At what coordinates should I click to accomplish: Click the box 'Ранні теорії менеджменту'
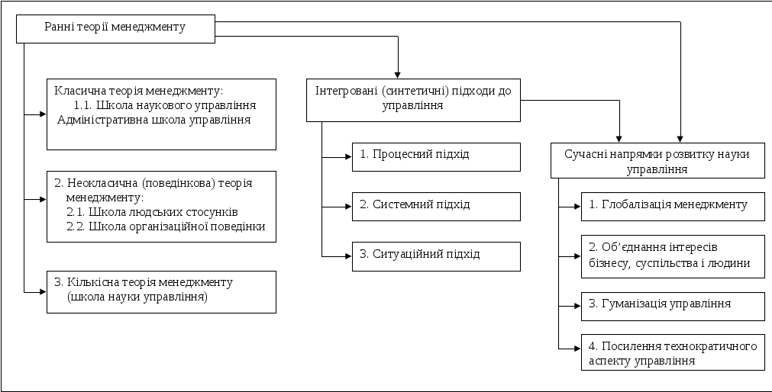click(117, 28)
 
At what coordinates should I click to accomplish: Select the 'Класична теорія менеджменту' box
click(162, 114)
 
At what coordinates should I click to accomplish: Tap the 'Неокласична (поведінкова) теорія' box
click(162, 207)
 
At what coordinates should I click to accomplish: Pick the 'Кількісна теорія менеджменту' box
click(162, 291)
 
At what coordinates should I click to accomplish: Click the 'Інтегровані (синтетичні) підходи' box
click(414, 100)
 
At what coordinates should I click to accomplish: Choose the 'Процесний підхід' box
click(437, 156)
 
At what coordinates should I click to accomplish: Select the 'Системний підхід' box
click(437, 207)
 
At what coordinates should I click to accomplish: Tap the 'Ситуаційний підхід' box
click(437, 256)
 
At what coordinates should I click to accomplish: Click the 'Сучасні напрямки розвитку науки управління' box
click(658, 160)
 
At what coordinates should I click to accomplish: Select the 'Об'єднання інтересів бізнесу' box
click(673, 256)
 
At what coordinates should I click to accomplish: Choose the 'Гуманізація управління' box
click(673, 305)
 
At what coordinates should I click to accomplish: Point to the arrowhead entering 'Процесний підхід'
click(347, 158)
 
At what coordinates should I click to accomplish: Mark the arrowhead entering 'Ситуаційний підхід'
click(347, 257)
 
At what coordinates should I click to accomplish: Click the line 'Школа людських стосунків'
click(153, 212)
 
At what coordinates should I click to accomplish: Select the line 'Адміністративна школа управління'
click(154, 120)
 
